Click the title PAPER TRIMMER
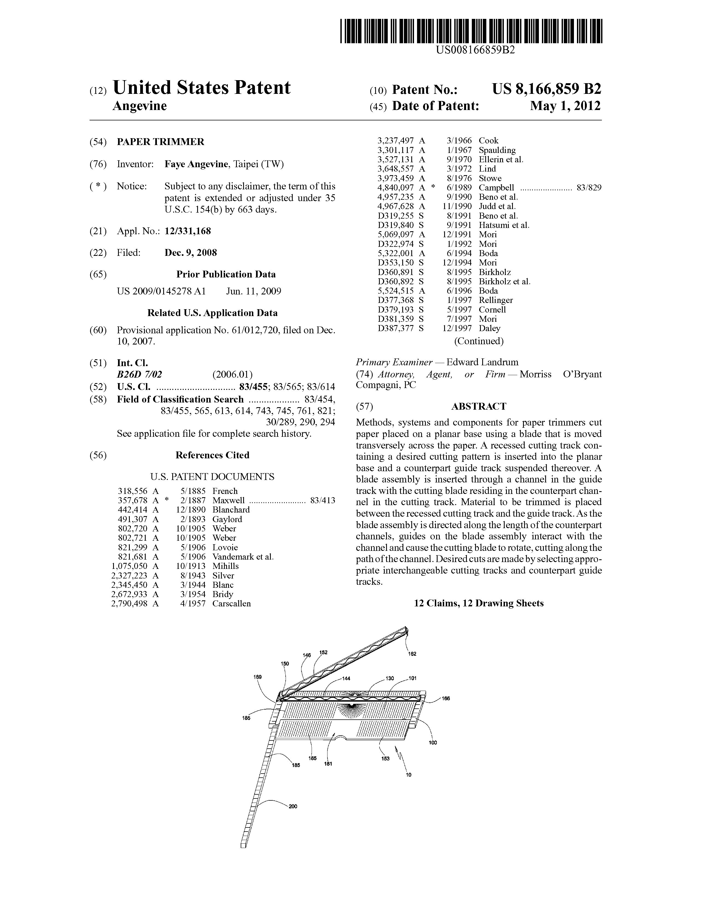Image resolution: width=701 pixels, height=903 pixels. (x=160, y=142)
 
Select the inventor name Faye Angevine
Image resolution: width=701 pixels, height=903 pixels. (x=196, y=164)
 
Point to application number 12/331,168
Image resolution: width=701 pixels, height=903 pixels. (x=188, y=231)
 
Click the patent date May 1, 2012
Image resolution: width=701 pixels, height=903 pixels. (x=565, y=106)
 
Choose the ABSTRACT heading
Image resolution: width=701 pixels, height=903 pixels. (x=478, y=406)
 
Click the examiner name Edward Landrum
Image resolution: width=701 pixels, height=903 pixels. (x=482, y=362)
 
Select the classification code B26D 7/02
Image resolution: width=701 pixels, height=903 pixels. (x=139, y=375)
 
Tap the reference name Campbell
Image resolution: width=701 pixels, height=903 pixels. (x=496, y=188)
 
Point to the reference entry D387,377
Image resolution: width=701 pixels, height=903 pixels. (x=396, y=328)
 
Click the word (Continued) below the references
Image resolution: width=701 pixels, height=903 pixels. (x=478, y=341)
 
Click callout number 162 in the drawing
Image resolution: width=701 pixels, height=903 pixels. (x=412, y=654)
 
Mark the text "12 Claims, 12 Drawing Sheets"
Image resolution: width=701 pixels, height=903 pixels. (x=478, y=603)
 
